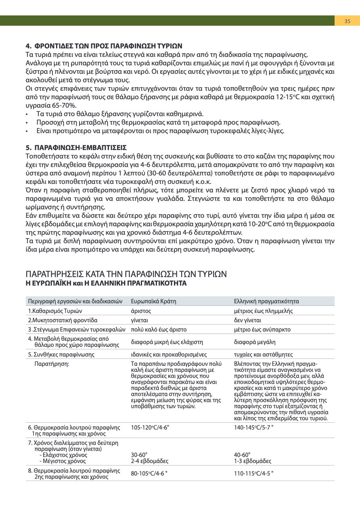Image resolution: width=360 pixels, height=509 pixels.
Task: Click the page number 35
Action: tap(347, 21)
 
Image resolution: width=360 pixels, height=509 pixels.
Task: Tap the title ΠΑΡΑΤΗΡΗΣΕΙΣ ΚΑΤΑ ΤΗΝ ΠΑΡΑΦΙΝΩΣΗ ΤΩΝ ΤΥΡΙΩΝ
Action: tap(126, 274)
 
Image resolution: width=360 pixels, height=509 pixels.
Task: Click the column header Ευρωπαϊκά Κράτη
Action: tap(154, 301)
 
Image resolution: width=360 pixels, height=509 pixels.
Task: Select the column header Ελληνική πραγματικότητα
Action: tap(266, 301)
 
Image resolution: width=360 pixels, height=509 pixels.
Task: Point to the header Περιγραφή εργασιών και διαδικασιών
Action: tap(75, 301)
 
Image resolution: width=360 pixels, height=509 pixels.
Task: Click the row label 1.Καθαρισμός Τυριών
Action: tap(55, 311)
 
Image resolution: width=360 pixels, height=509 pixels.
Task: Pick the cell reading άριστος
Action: tap(141, 311)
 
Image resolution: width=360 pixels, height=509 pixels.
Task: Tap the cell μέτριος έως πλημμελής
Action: tap(264, 311)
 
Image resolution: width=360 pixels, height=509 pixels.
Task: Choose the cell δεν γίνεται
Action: tap(248, 320)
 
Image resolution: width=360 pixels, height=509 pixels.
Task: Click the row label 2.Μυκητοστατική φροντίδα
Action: tap(63, 320)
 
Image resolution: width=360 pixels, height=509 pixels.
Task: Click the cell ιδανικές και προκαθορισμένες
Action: tap(169, 355)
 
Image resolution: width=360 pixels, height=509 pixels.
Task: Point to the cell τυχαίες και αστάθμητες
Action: tap(263, 355)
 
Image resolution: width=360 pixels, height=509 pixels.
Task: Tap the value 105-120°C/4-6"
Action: tap(150, 427)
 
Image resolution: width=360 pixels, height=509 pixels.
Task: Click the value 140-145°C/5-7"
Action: tap(254, 427)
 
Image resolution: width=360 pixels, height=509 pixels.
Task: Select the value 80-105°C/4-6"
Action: tap(149, 474)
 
